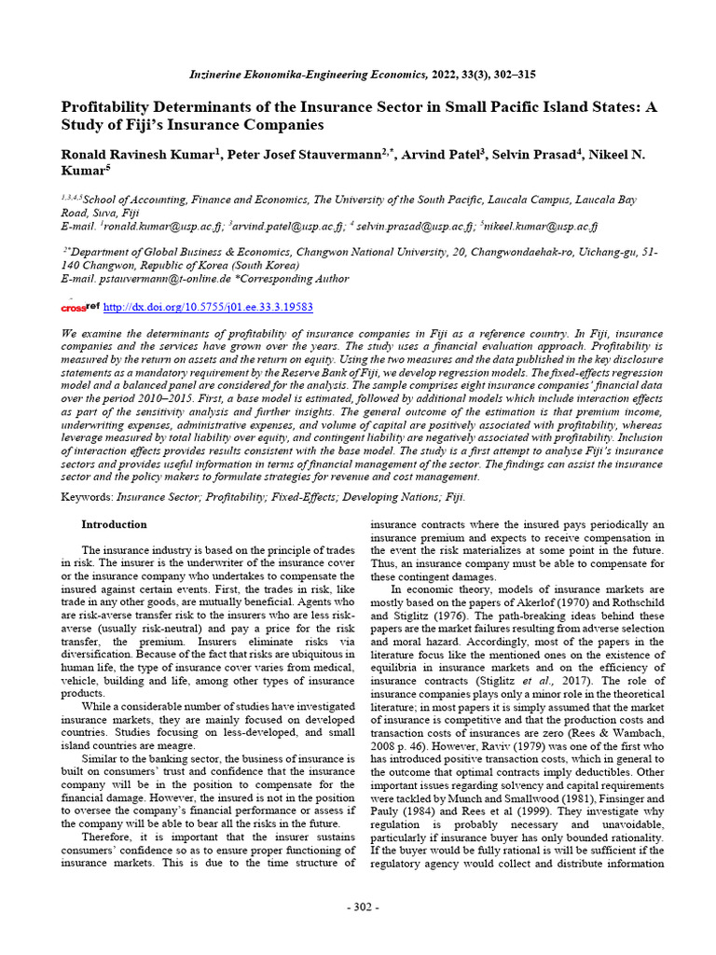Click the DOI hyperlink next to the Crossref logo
coord(207,307)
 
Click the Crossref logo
coord(80,307)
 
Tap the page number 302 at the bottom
coord(358,907)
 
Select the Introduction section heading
coord(114,525)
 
